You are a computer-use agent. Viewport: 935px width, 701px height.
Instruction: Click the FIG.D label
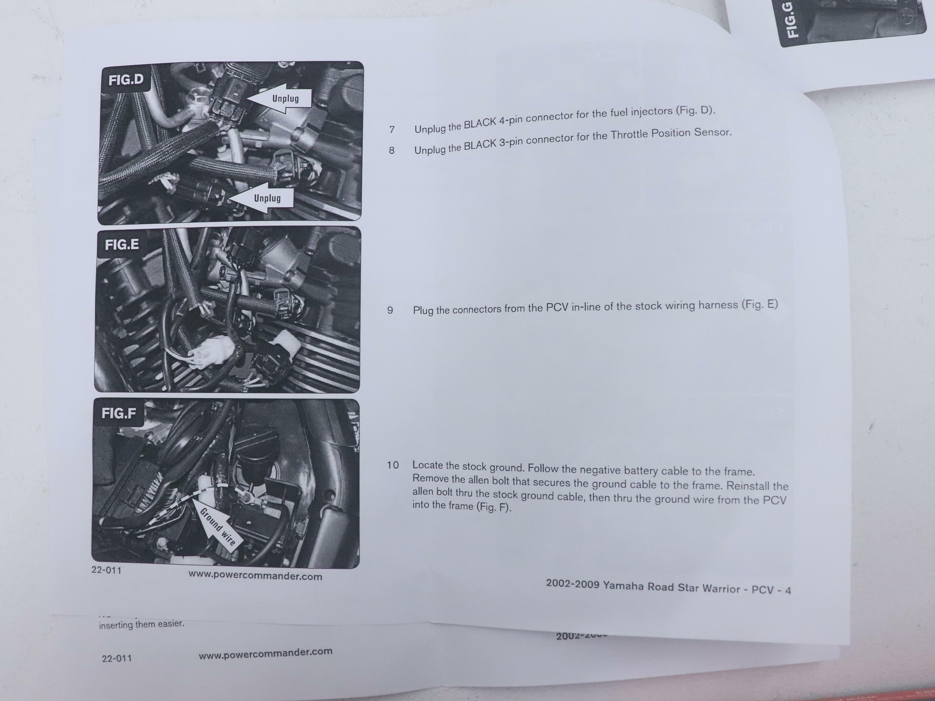(x=126, y=79)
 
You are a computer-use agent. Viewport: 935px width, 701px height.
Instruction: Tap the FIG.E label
(x=121, y=244)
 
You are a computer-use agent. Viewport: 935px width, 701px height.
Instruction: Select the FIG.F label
(x=118, y=413)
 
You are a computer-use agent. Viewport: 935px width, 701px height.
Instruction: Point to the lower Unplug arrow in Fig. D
(x=261, y=198)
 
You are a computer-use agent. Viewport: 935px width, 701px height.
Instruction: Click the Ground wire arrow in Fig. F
(x=215, y=521)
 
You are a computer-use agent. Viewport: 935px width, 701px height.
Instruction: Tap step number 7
(x=392, y=129)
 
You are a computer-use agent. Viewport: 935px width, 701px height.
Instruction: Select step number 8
(x=392, y=151)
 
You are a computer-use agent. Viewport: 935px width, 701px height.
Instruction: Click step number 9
(x=390, y=310)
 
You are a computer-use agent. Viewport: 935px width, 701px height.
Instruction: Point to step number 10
(x=393, y=465)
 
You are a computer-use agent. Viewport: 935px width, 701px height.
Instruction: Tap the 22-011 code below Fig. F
(x=106, y=570)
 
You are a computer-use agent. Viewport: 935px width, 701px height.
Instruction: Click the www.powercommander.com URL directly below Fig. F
(x=255, y=575)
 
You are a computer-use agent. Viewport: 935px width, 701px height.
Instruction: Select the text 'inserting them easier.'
(x=142, y=624)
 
